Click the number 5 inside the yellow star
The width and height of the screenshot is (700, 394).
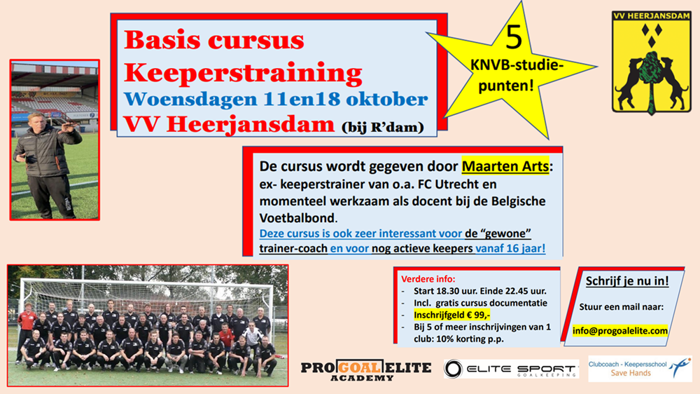[514, 38]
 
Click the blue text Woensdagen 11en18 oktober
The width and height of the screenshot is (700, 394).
[276, 99]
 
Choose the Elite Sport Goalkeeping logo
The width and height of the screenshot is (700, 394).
[512, 369]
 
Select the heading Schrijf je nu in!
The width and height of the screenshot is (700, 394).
[626, 281]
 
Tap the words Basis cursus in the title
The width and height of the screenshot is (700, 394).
[214, 39]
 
